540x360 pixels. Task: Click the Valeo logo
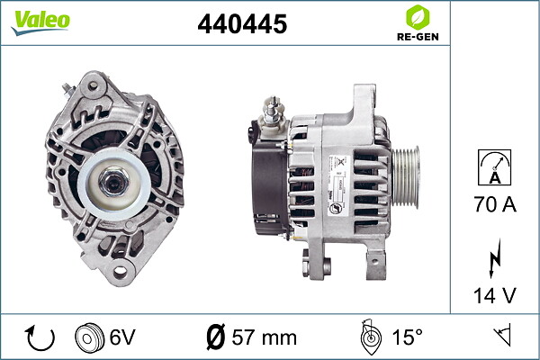pyautogui.click(x=40, y=22)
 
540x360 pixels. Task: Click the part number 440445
pyautogui.click(x=242, y=23)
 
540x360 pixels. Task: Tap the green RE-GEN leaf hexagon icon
pyautogui.click(x=418, y=17)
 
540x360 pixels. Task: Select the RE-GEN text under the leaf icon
pyautogui.click(x=418, y=37)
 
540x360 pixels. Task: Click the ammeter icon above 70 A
pyautogui.click(x=494, y=167)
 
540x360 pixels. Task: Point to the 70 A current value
pyautogui.click(x=495, y=204)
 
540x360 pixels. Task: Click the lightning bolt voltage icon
pyautogui.click(x=494, y=258)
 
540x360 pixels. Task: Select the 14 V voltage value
pyautogui.click(x=494, y=295)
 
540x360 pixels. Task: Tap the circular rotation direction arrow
pyautogui.click(x=40, y=337)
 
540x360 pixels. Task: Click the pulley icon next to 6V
pyautogui.click(x=89, y=337)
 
